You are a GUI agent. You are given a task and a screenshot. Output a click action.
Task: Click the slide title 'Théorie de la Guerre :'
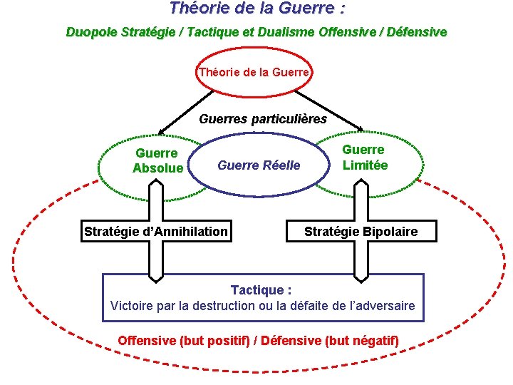[x=256, y=9]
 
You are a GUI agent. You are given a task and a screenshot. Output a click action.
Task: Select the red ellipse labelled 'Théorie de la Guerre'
[x=254, y=72]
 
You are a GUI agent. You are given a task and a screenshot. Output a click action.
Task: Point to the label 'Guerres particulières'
[x=263, y=119]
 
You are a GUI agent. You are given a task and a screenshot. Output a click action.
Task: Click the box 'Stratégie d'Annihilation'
[x=156, y=231]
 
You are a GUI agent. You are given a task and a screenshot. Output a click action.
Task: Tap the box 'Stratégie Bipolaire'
[x=361, y=232]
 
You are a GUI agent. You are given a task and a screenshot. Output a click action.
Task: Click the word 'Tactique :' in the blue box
[x=261, y=290]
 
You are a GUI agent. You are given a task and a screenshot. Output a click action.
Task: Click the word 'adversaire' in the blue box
[x=385, y=306]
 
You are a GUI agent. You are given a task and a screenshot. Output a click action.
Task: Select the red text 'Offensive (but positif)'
[x=184, y=340]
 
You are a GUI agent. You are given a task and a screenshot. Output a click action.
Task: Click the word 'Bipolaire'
[x=389, y=232]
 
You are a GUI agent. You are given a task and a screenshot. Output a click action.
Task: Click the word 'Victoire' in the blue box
[x=133, y=306]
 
